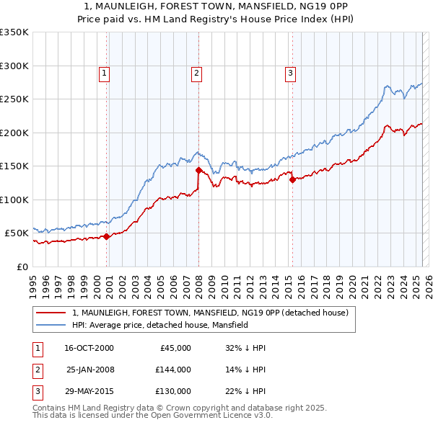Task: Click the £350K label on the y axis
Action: click(14, 32)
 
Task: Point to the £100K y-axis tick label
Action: click(14, 200)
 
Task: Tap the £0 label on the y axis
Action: click(22, 267)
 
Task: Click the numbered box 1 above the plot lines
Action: click(105, 72)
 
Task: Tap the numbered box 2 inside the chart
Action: click(196, 72)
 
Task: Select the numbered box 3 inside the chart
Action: click(290, 72)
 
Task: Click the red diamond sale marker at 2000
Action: click(107, 236)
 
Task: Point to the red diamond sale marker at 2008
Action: click(198, 171)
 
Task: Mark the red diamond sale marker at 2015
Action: click(292, 180)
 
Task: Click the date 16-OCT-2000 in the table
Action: click(89, 347)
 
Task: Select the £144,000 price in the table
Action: click(173, 369)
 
